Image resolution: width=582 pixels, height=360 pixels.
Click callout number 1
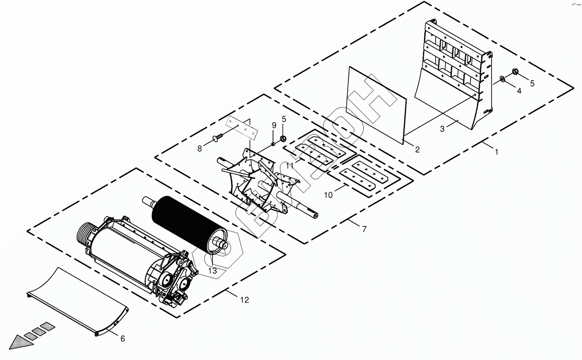click(497, 152)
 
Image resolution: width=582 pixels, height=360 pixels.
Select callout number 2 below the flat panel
click(417, 150)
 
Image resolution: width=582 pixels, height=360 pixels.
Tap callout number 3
click(442, 129)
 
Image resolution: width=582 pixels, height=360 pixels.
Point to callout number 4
click(519, 91)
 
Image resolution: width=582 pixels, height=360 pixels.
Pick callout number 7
click(364, 229)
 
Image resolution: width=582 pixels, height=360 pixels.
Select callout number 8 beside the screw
click(199, 149)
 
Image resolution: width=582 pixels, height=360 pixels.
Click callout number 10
click(328, 195)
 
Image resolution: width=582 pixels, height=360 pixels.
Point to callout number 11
click(290, 165)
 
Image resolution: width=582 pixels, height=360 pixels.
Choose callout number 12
click(244, 300)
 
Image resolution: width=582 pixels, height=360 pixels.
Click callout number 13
click(213, 271)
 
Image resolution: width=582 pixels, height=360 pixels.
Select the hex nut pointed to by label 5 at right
click(515, 72)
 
